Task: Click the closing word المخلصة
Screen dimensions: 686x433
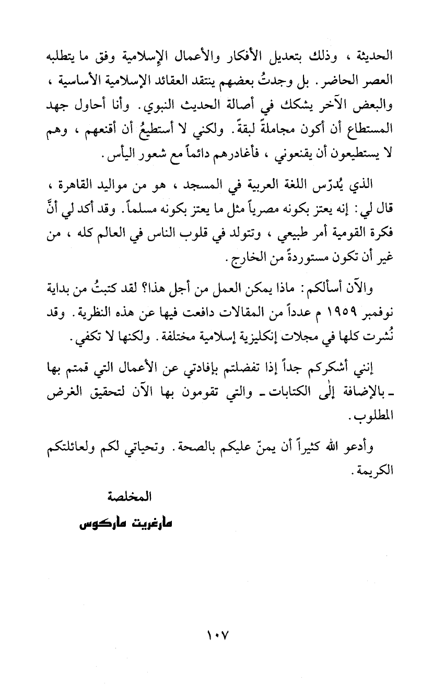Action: pos(130,497)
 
